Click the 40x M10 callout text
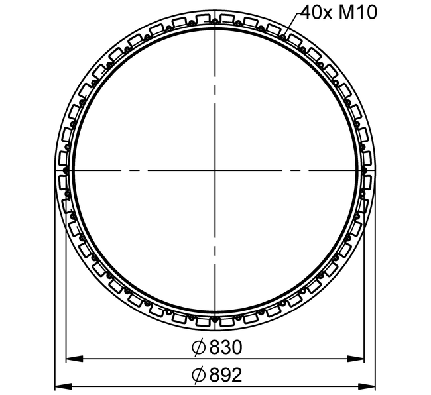(x=339, y=13)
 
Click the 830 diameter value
(x=226, y=347)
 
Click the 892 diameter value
(x=226, y=375)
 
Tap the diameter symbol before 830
(x=198, y=347)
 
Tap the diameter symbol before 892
(x=198, y=375)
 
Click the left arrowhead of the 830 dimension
(x=74, y=359)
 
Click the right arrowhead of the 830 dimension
(x=355, y=359)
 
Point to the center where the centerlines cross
(x=215, y=170)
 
